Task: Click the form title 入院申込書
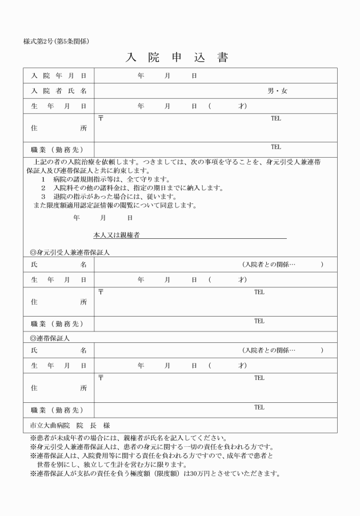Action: tap(177, 58)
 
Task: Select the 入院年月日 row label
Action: tap(59, 75)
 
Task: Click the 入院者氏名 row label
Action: tap(59, 91)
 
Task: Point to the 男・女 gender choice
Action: tap(278, 91)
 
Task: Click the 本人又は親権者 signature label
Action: tap(117, 235)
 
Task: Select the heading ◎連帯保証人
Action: tap(50, 338)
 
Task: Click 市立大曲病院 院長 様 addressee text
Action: tap(70, 426)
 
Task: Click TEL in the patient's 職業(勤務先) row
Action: tap(276, 147)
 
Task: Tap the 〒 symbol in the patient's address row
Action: tap(101, 118)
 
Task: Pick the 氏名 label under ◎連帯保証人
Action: tap(59, 350)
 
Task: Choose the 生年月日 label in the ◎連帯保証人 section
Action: tap(59, 365)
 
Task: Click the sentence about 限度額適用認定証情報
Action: tap(114, 205)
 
